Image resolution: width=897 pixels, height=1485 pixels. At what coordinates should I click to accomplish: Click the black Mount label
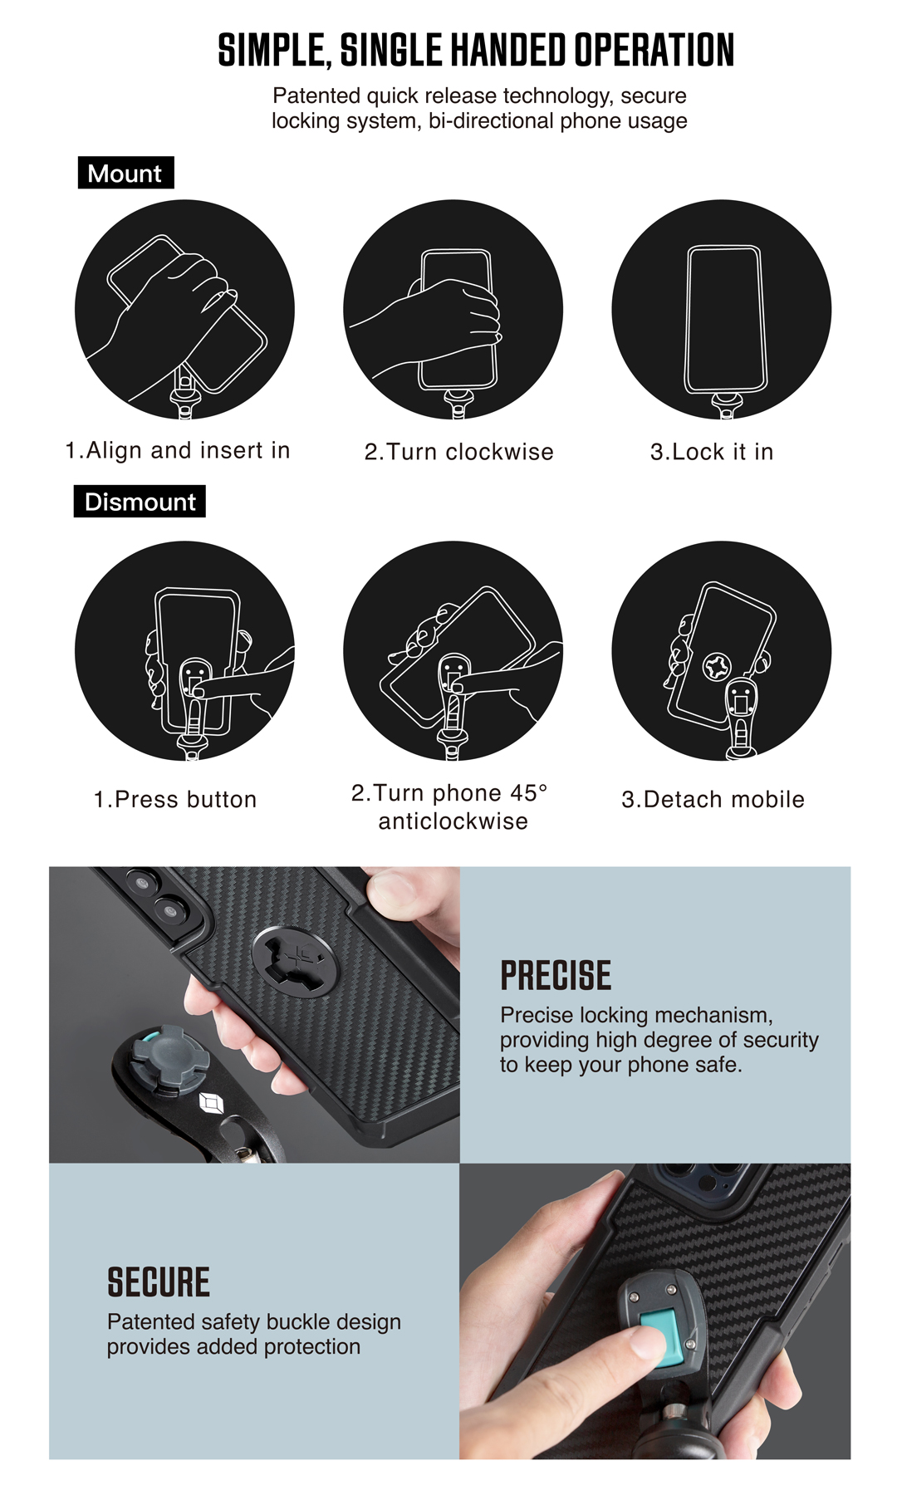point(126,173)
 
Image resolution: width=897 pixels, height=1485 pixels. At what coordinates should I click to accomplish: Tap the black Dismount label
point(140,502)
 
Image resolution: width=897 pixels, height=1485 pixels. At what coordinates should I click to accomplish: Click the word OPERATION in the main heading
point(654,51)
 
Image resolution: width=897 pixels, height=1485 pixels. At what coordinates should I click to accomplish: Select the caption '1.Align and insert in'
point(178,450)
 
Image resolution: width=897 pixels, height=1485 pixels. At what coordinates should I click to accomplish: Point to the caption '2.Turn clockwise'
point(458,452)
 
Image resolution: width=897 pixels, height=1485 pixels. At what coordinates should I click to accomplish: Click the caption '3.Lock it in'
point(712,452)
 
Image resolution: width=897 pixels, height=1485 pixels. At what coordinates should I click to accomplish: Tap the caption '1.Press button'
point(175,799)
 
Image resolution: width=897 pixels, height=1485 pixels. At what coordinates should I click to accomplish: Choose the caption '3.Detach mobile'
point(713,799)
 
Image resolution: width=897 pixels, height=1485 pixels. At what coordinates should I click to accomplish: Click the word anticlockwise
point(453,821)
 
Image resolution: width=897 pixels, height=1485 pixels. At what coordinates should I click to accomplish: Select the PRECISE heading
point(556,976)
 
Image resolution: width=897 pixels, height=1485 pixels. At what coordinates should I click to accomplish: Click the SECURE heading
point(159,1282)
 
